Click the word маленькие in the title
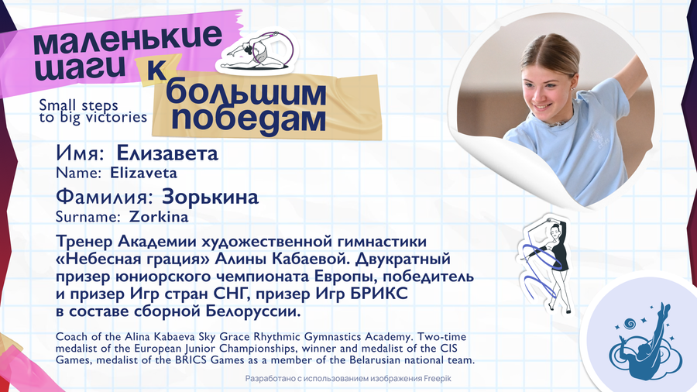click(127, 41)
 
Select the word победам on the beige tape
click(249, 119)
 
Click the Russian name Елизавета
click(167, 153)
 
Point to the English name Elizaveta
click(143, 173)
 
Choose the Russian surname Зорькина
click(210, 197)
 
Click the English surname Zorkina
click(159, 216)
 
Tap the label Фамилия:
click(105, 197)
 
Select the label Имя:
click(80, 153)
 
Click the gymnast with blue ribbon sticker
click(544, 264)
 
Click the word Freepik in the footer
click(438, 379)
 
